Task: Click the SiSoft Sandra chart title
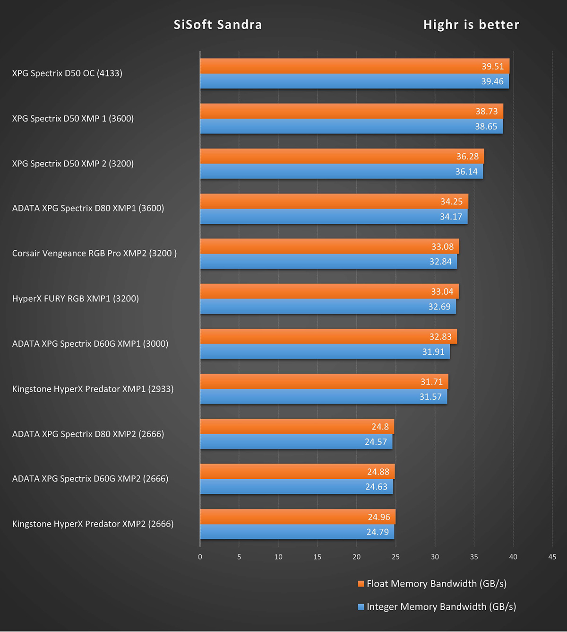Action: point(218,25)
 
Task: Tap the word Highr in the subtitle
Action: point(441,25)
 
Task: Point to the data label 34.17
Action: point(451,217)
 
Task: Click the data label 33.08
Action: point(442,246)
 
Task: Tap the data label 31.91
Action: point(433,351)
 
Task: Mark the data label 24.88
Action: point(378,472)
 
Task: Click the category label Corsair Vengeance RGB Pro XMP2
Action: point(94,253)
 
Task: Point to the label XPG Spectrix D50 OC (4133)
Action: point(67,73)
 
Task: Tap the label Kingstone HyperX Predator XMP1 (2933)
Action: point(93,389)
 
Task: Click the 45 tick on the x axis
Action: point(552,557)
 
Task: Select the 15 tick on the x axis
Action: point(317,557)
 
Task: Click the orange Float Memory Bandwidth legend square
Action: point(361,584)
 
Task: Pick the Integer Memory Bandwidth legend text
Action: point(441,606)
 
